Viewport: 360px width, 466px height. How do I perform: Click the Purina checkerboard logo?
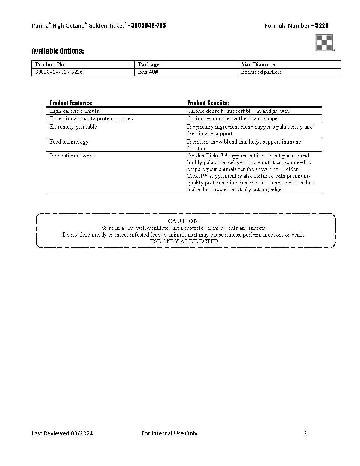(x=324, y=42)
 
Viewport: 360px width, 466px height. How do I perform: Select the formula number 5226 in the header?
(x=322, y=25)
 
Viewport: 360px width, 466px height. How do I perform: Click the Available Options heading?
(x=58, y=51)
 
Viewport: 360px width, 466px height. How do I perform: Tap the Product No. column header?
(x=50, y=64)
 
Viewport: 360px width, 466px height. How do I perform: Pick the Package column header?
(x=149, y=64)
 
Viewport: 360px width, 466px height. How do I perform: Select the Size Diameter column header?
(x=258, y=64)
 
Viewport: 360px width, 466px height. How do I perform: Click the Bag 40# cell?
(x=148, y=72)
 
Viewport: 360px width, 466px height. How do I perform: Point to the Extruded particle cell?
(x=261, y=72)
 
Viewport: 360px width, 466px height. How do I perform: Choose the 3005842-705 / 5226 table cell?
(x=59, y=72)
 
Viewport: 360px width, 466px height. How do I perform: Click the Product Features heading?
(x=71, y=103)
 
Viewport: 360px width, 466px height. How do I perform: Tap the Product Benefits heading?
(x=208, y=103)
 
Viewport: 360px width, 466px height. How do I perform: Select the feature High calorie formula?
(x=75, y=111)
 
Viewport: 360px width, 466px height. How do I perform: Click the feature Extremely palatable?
(x=73, y=127)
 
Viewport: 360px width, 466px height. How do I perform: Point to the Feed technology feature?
(x=69, y=142)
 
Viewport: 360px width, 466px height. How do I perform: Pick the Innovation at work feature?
(x=72, y=156)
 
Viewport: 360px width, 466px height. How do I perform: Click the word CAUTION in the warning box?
(x=184, y=221)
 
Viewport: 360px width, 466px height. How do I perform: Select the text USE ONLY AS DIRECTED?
(x=184, y=241)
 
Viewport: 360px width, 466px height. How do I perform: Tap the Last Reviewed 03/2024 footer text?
(x=62, y=433)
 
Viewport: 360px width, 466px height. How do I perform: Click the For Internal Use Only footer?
(x=169, y=433)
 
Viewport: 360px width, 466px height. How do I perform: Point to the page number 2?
(x=305, y=433)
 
